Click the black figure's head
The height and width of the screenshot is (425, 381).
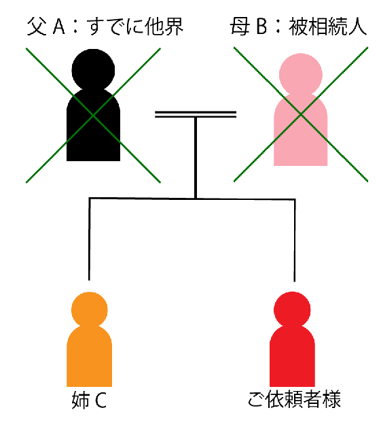(93, 70)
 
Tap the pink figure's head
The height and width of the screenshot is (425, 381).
(301, 75)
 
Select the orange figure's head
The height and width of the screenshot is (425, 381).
(90, 309)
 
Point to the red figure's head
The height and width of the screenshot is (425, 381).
(292, 309)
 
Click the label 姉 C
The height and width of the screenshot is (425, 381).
(89, 401)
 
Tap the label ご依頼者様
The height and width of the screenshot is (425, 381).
(294, 400)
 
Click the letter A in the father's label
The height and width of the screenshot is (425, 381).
(59, 27)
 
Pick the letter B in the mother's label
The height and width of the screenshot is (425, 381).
(261, 27)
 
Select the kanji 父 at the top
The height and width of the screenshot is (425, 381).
(36, 27)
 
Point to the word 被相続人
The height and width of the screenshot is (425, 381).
(327, 27)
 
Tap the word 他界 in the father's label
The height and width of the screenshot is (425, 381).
(164, 27)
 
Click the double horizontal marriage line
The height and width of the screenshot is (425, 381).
(196, 114)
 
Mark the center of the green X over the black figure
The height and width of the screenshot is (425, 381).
(93, 116)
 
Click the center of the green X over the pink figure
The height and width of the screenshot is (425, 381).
(301, 115)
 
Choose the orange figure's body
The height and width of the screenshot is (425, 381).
(90, 356)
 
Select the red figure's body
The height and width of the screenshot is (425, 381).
(292, 356)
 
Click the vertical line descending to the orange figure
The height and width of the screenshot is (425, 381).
(90, 239)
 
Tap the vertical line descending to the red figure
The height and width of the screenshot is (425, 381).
(295, 241)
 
